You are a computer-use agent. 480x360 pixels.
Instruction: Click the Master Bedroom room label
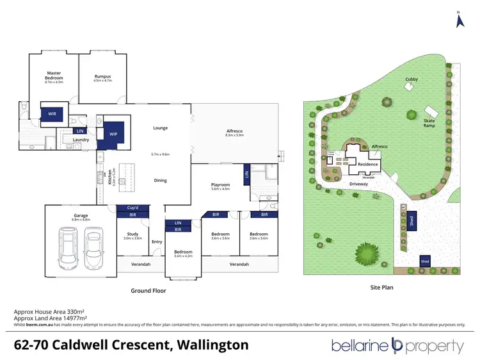pos(53,76)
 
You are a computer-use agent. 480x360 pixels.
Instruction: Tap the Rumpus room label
pos(102,76)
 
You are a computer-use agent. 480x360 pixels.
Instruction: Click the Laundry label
pos(81,139)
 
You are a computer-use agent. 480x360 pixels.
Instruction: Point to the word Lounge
pos(160,128)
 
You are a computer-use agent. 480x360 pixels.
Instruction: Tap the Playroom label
pos(220,186)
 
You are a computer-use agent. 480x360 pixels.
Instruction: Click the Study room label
pos(132,235)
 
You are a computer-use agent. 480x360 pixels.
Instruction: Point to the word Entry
pos(157,241)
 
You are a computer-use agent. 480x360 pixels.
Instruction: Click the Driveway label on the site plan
pos(358,183)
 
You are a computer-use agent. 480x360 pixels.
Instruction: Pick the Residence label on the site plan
pos(367,165)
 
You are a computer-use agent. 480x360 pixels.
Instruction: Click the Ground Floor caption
pos(148,290)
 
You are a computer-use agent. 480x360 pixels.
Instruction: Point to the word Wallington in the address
pos(207,345)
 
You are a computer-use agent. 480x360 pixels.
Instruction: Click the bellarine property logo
pos(397,346)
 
